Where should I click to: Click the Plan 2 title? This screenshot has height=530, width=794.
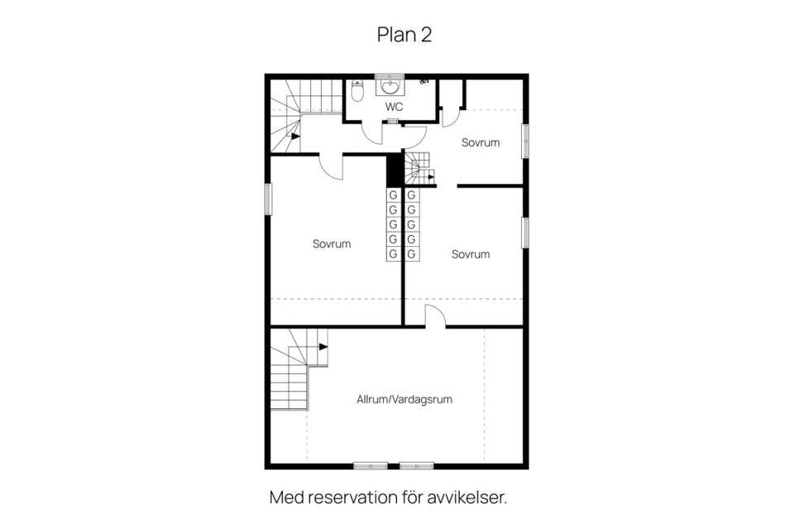pos(404,35)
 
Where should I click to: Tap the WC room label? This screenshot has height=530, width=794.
pos(394,107)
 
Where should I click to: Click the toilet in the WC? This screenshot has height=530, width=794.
pos(357,90)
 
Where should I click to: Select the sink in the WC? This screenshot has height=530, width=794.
pos(390,87)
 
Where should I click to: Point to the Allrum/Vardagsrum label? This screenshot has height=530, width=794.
pos(404,399)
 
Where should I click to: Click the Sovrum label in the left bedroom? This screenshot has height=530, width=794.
pos(332,244)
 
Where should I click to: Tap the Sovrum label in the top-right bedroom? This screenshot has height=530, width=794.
pos(481,142)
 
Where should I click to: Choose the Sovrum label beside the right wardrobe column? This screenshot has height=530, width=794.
pos(471,254)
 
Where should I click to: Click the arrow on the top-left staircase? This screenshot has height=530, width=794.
pos(294,136)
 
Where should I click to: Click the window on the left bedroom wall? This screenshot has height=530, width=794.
pos(268,200)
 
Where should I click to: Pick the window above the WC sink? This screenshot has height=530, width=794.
pos(390,76)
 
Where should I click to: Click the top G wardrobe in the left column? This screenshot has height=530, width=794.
pos(393,195)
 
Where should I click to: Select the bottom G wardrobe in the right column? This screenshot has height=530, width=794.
pos(412,253)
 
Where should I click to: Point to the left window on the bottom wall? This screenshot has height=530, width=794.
pos(371,465)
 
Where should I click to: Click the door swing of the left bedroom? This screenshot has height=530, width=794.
pos(331,166)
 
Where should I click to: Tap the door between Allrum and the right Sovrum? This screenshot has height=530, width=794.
pos(436,316)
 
